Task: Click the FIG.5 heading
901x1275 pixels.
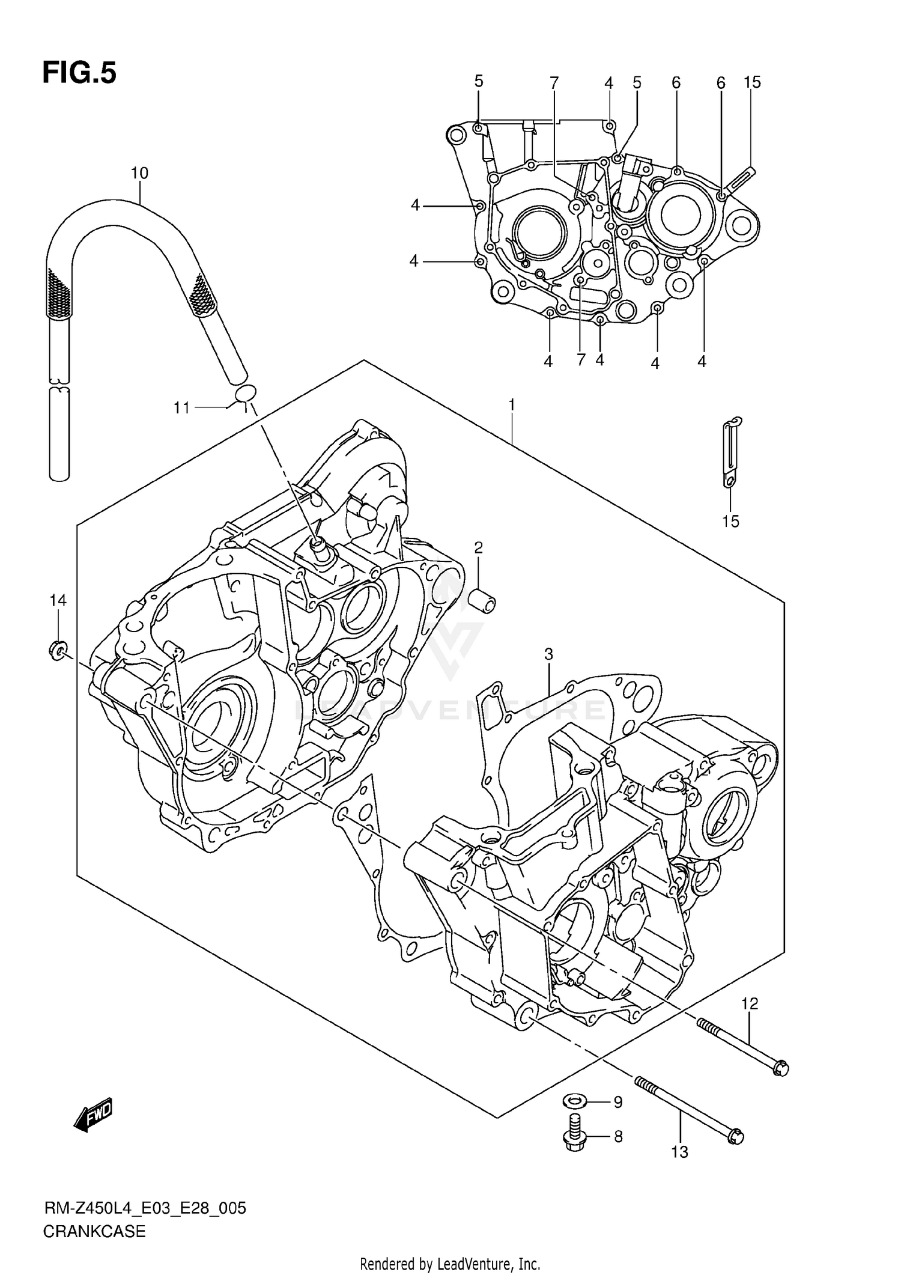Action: [79, 73]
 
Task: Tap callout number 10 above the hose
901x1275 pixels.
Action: [139, 174]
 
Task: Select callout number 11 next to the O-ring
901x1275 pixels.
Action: [181, 408]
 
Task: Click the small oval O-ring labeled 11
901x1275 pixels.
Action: [245, 394]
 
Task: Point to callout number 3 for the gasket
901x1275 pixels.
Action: [548, 654]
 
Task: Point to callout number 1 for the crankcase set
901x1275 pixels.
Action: [511, 406]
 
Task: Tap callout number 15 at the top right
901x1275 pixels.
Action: [753, 82]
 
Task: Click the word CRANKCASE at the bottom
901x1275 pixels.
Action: [94, 1232]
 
